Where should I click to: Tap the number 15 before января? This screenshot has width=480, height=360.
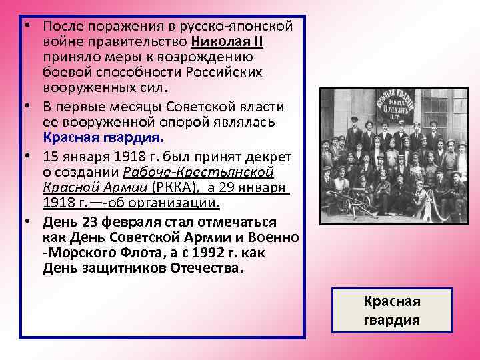click(x=51, y=157)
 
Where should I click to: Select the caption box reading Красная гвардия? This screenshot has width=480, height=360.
click(x=391, y=311)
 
